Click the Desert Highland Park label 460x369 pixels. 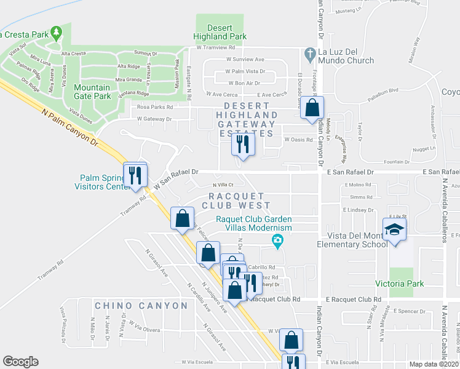point(219,31)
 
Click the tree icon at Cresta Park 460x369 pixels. point(57,31)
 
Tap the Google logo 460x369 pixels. point(20,362)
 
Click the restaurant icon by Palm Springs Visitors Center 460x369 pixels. point(135,175)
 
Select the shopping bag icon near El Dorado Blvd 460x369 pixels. point(312,107)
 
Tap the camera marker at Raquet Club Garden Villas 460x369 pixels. point(278,240)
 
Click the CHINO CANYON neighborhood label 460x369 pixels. point(141,306)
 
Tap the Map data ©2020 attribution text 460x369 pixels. point(434,364)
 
